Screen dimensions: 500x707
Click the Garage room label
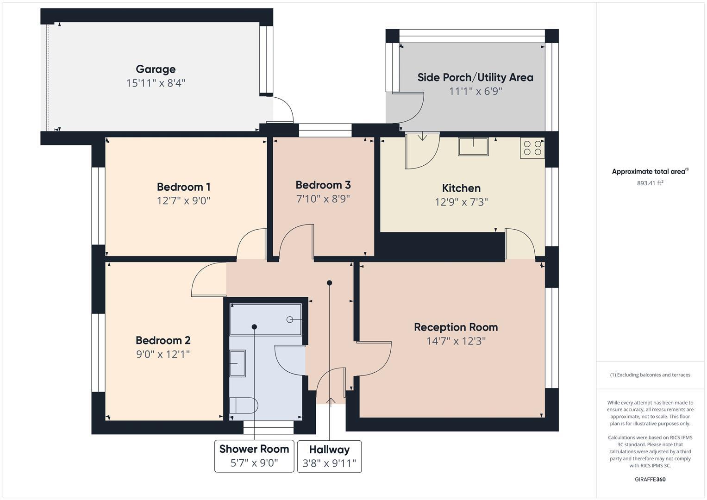(156, 69)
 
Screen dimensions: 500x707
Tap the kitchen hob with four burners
(532, 148)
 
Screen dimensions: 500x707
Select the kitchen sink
(473, 146)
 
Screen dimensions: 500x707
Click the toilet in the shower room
(244, 406)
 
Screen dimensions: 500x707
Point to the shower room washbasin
(238, 363)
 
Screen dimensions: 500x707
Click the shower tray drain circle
(290, 319)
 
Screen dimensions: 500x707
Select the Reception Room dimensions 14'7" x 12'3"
(456, 341)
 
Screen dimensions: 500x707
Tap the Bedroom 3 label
(323, 185)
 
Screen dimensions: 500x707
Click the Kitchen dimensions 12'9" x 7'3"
(461, 202)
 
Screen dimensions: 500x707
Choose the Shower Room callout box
(254, 456)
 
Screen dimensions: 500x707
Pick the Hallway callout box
(329, 456)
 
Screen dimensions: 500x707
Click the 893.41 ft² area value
(650, 183)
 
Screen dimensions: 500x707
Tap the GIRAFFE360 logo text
(650, 479)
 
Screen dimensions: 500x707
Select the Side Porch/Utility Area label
(475, 77)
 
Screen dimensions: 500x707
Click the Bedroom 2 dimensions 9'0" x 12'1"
(163, 355)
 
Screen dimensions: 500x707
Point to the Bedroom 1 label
(183, 187)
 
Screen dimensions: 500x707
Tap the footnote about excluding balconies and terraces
(650, 375)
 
